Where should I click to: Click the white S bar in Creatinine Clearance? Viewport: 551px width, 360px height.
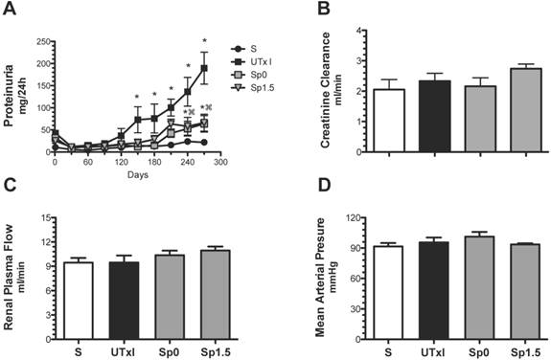tap(389, 121)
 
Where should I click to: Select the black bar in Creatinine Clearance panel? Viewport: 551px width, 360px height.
tap(430, 116)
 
